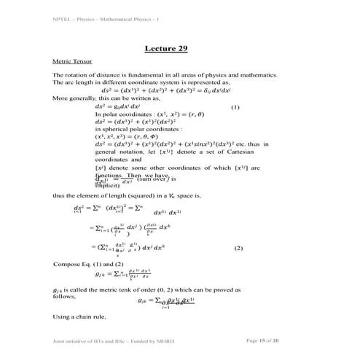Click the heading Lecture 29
(166, 48)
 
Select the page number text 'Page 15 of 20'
(267, 340)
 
